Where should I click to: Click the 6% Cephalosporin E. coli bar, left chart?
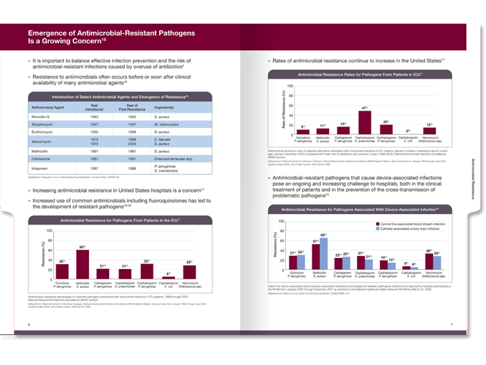click(x=168, y=277)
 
